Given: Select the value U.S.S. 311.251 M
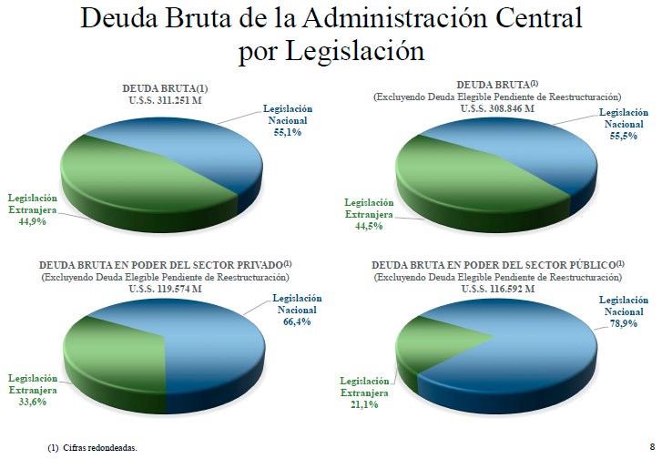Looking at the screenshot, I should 165,99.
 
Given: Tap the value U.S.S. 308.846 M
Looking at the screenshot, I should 497,107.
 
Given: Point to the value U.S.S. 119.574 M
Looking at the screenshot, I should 165,288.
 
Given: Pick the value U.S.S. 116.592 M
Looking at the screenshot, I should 496,288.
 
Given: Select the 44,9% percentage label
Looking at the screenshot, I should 33,220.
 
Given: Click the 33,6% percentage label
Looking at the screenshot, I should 33,401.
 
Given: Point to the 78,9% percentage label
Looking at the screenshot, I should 623,323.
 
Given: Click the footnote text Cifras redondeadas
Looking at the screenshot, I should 105,448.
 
